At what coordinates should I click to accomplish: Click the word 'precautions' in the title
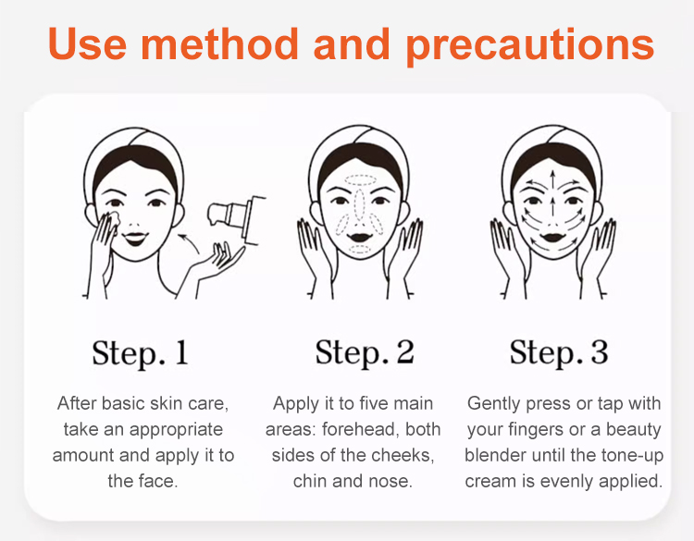pyautogui.click(x=530, y=44)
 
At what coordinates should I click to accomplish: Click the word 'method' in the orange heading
pyautogui.click(x=219, y=43)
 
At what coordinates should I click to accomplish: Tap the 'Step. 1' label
pyautogui.click(x=141, y=353)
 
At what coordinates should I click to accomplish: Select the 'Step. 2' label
pyautogui.click(x=365, y=353)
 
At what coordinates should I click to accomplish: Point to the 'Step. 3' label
pyautogui.click(x=559, y=353)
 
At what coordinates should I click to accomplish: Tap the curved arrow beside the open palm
pyautogui.click(x=189, y=243)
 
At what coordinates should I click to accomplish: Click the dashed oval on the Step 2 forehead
pyautogui.click(x=361, y=180)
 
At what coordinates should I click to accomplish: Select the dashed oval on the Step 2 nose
pyautogui.click(x=359, y=204)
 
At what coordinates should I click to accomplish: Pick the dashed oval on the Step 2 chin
pyautogui.click(x=360, y=249)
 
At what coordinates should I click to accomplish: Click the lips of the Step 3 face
pyautogui.click(x=552, y=238)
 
